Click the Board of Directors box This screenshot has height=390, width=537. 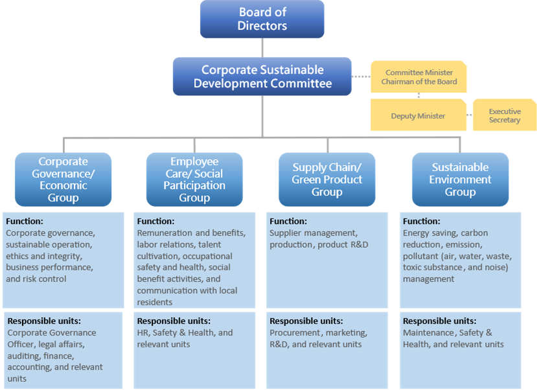coord(262,19)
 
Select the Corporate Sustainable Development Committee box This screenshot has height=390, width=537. coord(262,76)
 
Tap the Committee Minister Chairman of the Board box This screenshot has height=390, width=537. coord(418,77)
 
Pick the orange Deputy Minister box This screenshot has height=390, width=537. coord(418,116)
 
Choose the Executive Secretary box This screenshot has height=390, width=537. coord(504,115)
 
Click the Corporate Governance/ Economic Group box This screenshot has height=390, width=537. coord(63,179)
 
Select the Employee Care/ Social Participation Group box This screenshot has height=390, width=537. coord(194,179)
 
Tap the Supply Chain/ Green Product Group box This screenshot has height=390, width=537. coord(327,179)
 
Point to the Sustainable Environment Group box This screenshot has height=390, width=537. coord(460,179)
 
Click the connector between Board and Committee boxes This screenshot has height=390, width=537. coord(262,47)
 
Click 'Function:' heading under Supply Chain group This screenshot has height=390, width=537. coord(288,222)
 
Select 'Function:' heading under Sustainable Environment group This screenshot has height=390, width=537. coord(421,222)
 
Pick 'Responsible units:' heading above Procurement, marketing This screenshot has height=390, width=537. coord(306,321)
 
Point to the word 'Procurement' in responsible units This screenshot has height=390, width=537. coord(295,332)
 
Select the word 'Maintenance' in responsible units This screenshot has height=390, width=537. coord(429,332)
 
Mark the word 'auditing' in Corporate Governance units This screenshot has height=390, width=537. coord(23,356)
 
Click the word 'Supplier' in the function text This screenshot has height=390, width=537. coord(286,233)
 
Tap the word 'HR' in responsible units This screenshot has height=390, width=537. coord(143,332)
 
